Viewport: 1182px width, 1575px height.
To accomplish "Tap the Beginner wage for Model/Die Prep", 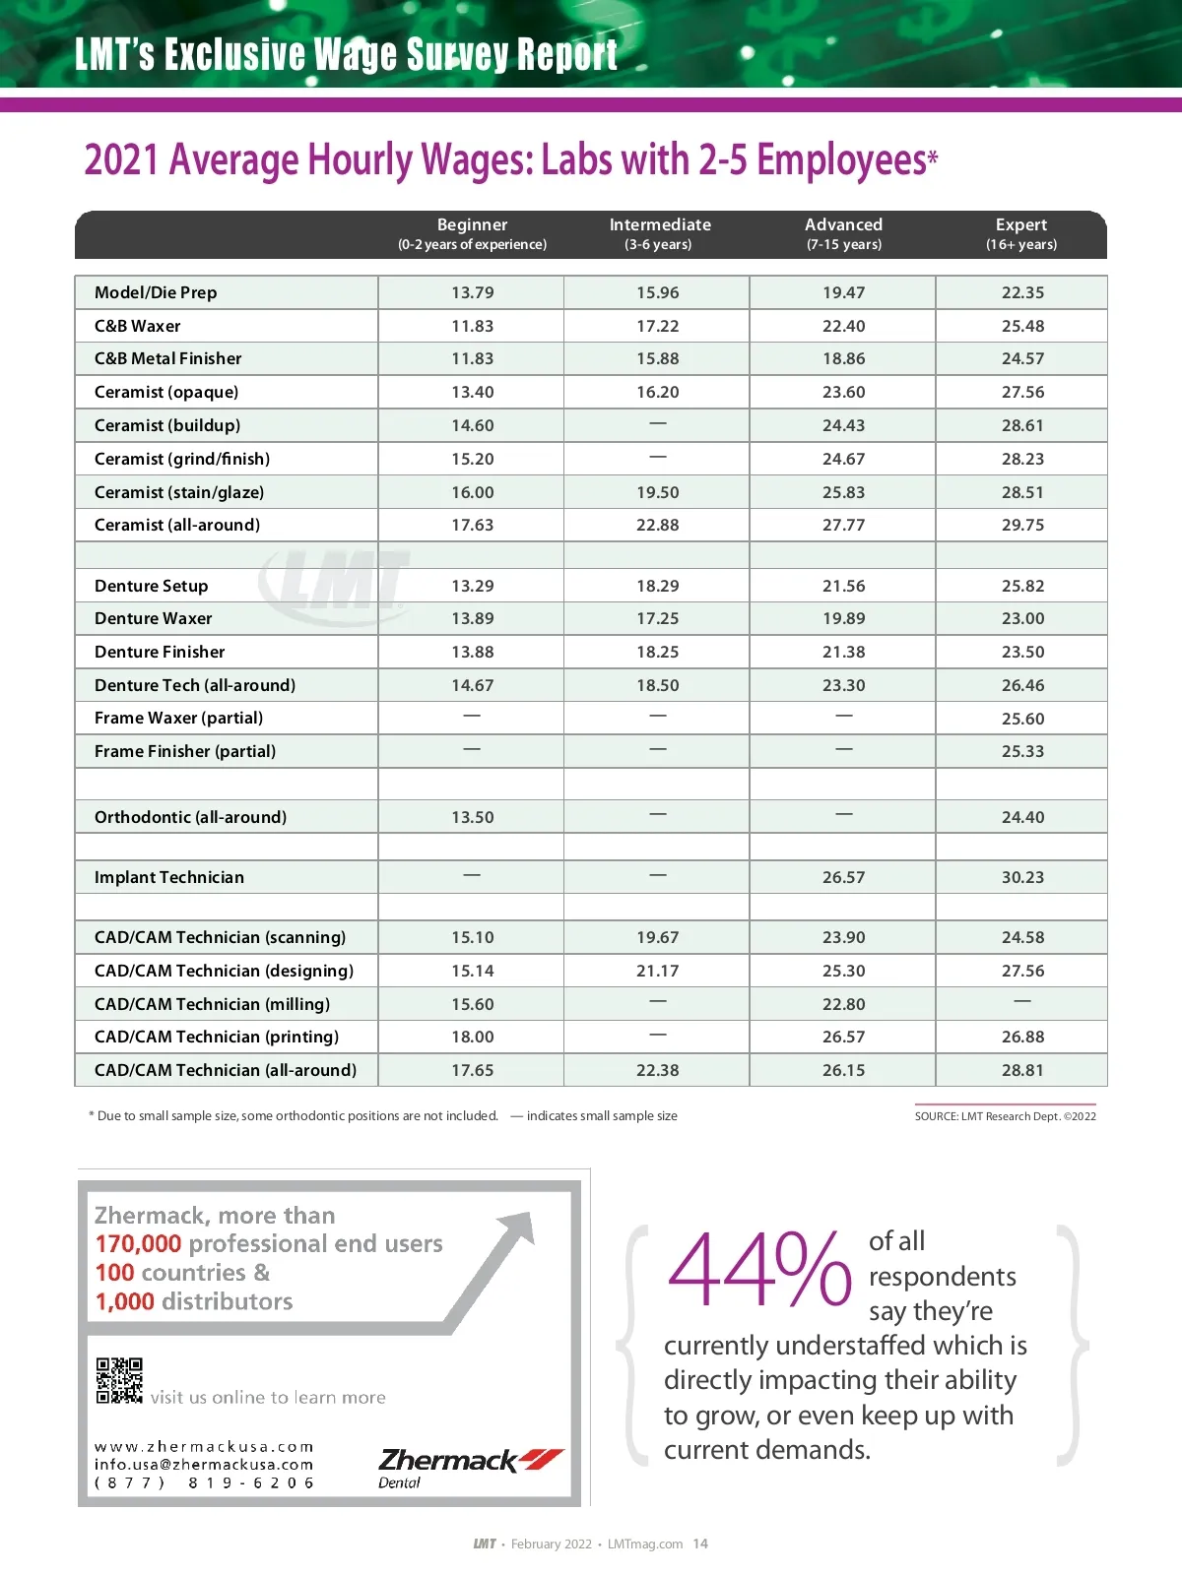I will (x=472, y=292).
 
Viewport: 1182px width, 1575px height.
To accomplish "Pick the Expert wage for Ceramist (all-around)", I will (x=1022, y=525).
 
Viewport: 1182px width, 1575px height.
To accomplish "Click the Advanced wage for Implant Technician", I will (x=843, y=877).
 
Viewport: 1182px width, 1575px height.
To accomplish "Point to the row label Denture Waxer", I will (x=153, y=618).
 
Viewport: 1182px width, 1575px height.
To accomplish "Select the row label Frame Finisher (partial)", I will (x=185, y=751).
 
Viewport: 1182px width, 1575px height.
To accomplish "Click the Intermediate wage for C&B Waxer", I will (x=657, y=326).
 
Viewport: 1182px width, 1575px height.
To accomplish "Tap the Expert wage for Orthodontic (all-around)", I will (x=1022, y=817).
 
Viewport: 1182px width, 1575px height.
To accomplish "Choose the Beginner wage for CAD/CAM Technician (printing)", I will (x=472, y=1037).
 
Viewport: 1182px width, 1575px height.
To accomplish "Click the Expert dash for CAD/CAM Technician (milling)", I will (x=1022, y=1002).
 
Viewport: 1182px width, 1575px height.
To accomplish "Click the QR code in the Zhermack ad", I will (x=119, y=1380).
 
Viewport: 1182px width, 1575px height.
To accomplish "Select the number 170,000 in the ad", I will (x=138, y=1244).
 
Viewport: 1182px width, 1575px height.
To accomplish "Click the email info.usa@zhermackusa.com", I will (x=204, y=1465).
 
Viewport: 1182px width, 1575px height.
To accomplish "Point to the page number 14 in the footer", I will (x=700, y=1543).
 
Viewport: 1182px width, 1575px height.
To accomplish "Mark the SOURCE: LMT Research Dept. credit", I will (x=1005, y=1116).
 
